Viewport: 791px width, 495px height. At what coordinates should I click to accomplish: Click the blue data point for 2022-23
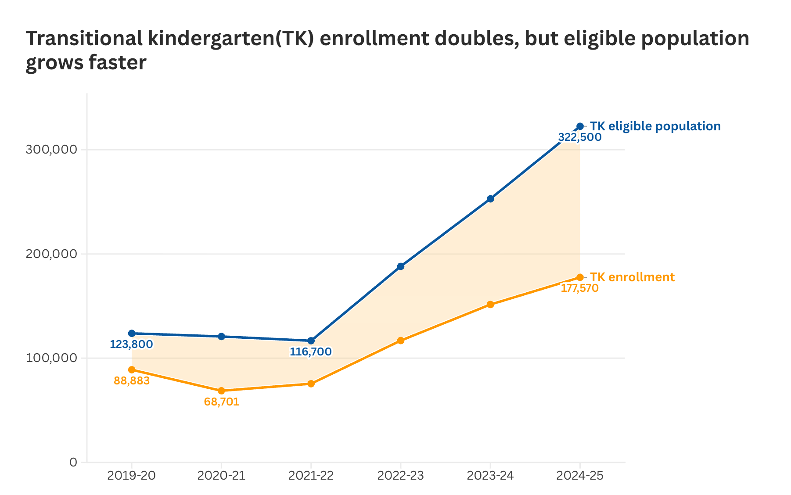[401, 266]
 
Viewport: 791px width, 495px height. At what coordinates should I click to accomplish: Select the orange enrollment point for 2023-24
[490, 305]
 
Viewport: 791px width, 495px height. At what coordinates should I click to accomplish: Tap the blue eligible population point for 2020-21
[221, 337]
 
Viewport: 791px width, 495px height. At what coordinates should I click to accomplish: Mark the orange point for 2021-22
[311, 384]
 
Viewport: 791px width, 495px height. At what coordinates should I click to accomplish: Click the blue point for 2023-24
[490, 199]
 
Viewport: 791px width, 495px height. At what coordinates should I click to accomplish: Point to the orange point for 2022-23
[401, 341]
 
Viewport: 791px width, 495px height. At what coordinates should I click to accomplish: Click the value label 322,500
[579, 137]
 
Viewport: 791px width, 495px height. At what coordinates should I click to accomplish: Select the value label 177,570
[579, 288]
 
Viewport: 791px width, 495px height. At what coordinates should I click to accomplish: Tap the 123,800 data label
[131, 344]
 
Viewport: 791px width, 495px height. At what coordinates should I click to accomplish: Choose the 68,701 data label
[222, 402]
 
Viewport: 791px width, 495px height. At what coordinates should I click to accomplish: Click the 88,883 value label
[132, 381]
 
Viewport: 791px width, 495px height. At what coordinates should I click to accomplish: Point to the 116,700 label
[311, 352]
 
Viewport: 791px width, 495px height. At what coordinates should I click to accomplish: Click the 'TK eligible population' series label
[655, 126]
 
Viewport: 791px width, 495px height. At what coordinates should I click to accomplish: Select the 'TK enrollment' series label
[632, 277]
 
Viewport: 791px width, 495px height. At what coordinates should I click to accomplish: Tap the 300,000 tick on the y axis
[51, 150]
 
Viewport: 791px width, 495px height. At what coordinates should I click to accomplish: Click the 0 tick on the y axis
[73, 462]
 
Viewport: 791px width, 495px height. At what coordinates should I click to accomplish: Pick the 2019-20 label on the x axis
[132, 476]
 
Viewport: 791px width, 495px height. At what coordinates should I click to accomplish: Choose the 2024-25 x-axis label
[580, 476]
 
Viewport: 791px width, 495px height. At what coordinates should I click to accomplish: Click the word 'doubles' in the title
[469, 39]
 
